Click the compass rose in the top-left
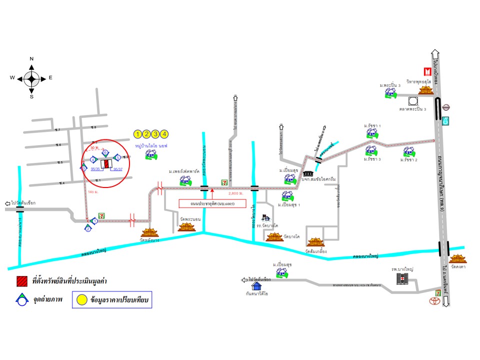click(31, 78)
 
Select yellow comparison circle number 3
click(155, 133)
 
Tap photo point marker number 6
click(105, 152)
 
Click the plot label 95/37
click(118, 170)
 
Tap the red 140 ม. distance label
click(92, 192)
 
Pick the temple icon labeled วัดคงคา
click(457, 258)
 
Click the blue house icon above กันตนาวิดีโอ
click(256, 286)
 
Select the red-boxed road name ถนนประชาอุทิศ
click(213, 203)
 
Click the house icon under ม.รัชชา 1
click(371, 132)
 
